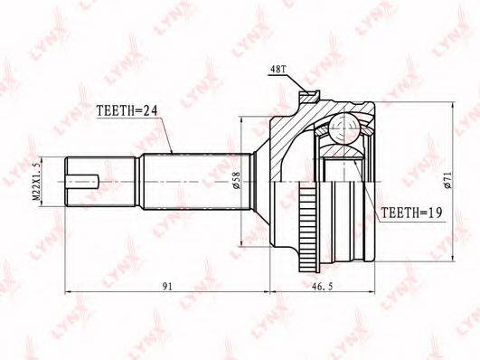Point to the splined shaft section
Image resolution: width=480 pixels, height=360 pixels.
pos(190,181)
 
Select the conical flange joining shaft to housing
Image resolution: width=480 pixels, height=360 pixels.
pos(262,181)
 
